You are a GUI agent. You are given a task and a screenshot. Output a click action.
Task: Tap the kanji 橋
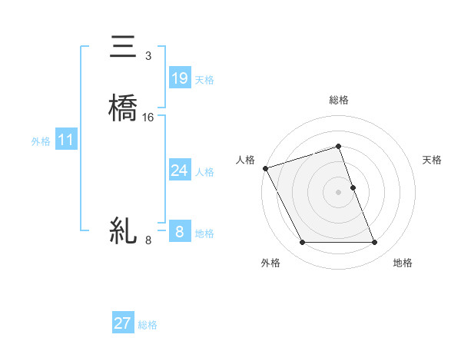pos(123,108)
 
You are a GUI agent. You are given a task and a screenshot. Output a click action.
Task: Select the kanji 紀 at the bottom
pos(123,230)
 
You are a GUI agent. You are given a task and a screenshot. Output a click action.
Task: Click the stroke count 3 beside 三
pos(148,56)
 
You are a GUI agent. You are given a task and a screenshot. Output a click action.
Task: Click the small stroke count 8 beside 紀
pos(148,240)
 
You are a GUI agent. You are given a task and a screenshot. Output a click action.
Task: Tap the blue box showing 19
pos(179,78)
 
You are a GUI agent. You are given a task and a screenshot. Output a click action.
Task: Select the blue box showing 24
pos(179,171)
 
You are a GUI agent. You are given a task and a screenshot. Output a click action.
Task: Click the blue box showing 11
pos(65,140)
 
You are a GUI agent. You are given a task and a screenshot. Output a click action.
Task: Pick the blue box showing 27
pos(122,323)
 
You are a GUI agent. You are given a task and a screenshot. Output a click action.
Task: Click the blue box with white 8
pos(179,231)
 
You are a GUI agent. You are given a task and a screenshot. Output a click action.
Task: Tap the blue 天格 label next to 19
pos(204,80)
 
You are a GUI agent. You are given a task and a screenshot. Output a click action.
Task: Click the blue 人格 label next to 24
pos(204,172)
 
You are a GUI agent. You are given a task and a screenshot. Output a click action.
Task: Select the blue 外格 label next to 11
pos(41,141)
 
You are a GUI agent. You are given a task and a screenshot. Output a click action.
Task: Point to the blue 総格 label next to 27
pos(148,325)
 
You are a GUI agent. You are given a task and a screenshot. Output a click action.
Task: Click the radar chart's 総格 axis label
pos(339,100)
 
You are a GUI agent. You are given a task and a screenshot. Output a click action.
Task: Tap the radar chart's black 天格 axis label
pos(433,160)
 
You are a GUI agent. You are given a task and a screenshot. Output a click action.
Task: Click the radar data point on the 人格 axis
pos(265,168)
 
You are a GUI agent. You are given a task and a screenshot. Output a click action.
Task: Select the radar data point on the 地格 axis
pos(375,243)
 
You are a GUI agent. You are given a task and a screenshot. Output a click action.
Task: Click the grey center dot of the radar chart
pos(339,192)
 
